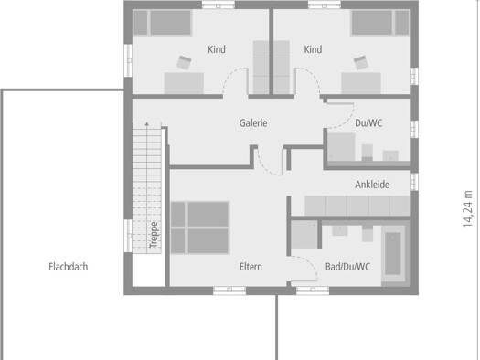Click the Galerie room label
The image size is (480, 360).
click(253, 123)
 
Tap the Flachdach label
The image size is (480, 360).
click(69, 267)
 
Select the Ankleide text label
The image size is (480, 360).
click(372, 185)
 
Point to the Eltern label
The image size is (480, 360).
click(251, 267)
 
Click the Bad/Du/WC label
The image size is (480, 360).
click(347, 267)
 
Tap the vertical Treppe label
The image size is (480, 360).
click(154, 235)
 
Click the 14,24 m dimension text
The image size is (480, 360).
click(467, 209)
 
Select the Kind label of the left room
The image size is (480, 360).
click(217, 49)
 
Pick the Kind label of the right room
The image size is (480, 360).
click(313, 49)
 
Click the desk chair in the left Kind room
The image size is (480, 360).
click(184, 62)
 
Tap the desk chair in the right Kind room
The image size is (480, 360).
click(360, 62)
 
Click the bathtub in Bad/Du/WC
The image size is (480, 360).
click(393, 254)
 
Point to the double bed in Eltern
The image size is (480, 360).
click(199, 228)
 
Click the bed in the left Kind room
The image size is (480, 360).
click(162, 23)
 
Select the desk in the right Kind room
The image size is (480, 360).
click(361, 83)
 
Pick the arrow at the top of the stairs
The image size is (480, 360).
click(147, 124)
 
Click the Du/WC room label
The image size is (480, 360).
click(368, 123)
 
